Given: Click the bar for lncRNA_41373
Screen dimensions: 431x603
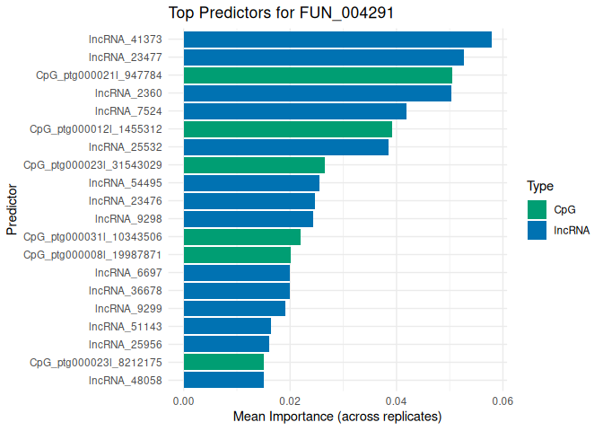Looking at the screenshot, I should point(337,40).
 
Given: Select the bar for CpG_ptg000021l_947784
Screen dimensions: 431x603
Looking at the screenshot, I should point(318,75).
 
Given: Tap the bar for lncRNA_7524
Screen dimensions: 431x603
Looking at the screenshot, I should point(294,111).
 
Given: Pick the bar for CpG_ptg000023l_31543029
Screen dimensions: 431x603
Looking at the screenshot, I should point(254,165).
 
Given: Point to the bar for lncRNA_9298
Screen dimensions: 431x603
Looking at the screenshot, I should point(249,219).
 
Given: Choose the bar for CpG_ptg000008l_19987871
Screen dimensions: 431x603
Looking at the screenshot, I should point(237,255).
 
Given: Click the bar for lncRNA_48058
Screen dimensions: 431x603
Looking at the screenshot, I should point(223,381).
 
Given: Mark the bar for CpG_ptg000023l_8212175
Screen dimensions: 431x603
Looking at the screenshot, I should point(223,363).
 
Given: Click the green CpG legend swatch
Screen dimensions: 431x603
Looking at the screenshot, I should point(537,209).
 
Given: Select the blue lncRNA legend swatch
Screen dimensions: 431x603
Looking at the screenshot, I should point(537,230).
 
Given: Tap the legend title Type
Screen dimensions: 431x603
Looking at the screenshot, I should point(539,187).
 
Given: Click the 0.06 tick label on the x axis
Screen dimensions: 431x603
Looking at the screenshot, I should point(502,400).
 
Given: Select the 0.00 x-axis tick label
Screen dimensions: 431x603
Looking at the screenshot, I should point(183,400).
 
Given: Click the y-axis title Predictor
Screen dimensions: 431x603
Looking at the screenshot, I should point(12,210).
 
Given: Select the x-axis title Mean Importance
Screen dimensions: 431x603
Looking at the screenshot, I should point(337,418).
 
